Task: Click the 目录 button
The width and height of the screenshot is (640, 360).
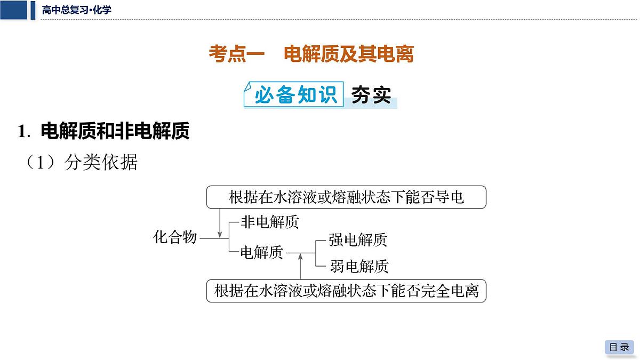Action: point(619,347)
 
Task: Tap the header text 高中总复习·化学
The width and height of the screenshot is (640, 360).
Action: point(77,10)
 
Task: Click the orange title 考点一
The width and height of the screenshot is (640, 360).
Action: point(237,54)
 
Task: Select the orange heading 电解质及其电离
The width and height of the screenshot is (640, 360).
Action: point(349,54)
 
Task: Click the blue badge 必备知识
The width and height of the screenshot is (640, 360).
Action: point(294,94)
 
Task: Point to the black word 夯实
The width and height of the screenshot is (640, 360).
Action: point(371,95)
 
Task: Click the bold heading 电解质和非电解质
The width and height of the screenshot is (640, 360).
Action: point(115,131)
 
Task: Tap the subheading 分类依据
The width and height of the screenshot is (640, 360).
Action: point(101,162)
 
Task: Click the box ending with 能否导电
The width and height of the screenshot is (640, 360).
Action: point(346,197)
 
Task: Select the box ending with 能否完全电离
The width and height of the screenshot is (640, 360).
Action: point(346,291)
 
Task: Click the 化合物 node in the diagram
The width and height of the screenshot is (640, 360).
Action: point(175,237)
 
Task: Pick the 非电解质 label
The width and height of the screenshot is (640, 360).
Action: point(270,222)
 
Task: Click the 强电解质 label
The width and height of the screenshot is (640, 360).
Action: point(358,240)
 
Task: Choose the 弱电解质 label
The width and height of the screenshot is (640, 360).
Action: point(359,266)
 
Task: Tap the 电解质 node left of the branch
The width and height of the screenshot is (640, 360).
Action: point(262,253)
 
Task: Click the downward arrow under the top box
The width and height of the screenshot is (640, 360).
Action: point(220,223)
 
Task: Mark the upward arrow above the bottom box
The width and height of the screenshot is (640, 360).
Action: point(300,266)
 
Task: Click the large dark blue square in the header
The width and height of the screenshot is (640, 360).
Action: point(13,10)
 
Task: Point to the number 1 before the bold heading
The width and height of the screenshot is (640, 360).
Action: point(22,131)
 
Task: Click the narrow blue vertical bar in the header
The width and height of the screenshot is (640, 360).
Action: point(33,10)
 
